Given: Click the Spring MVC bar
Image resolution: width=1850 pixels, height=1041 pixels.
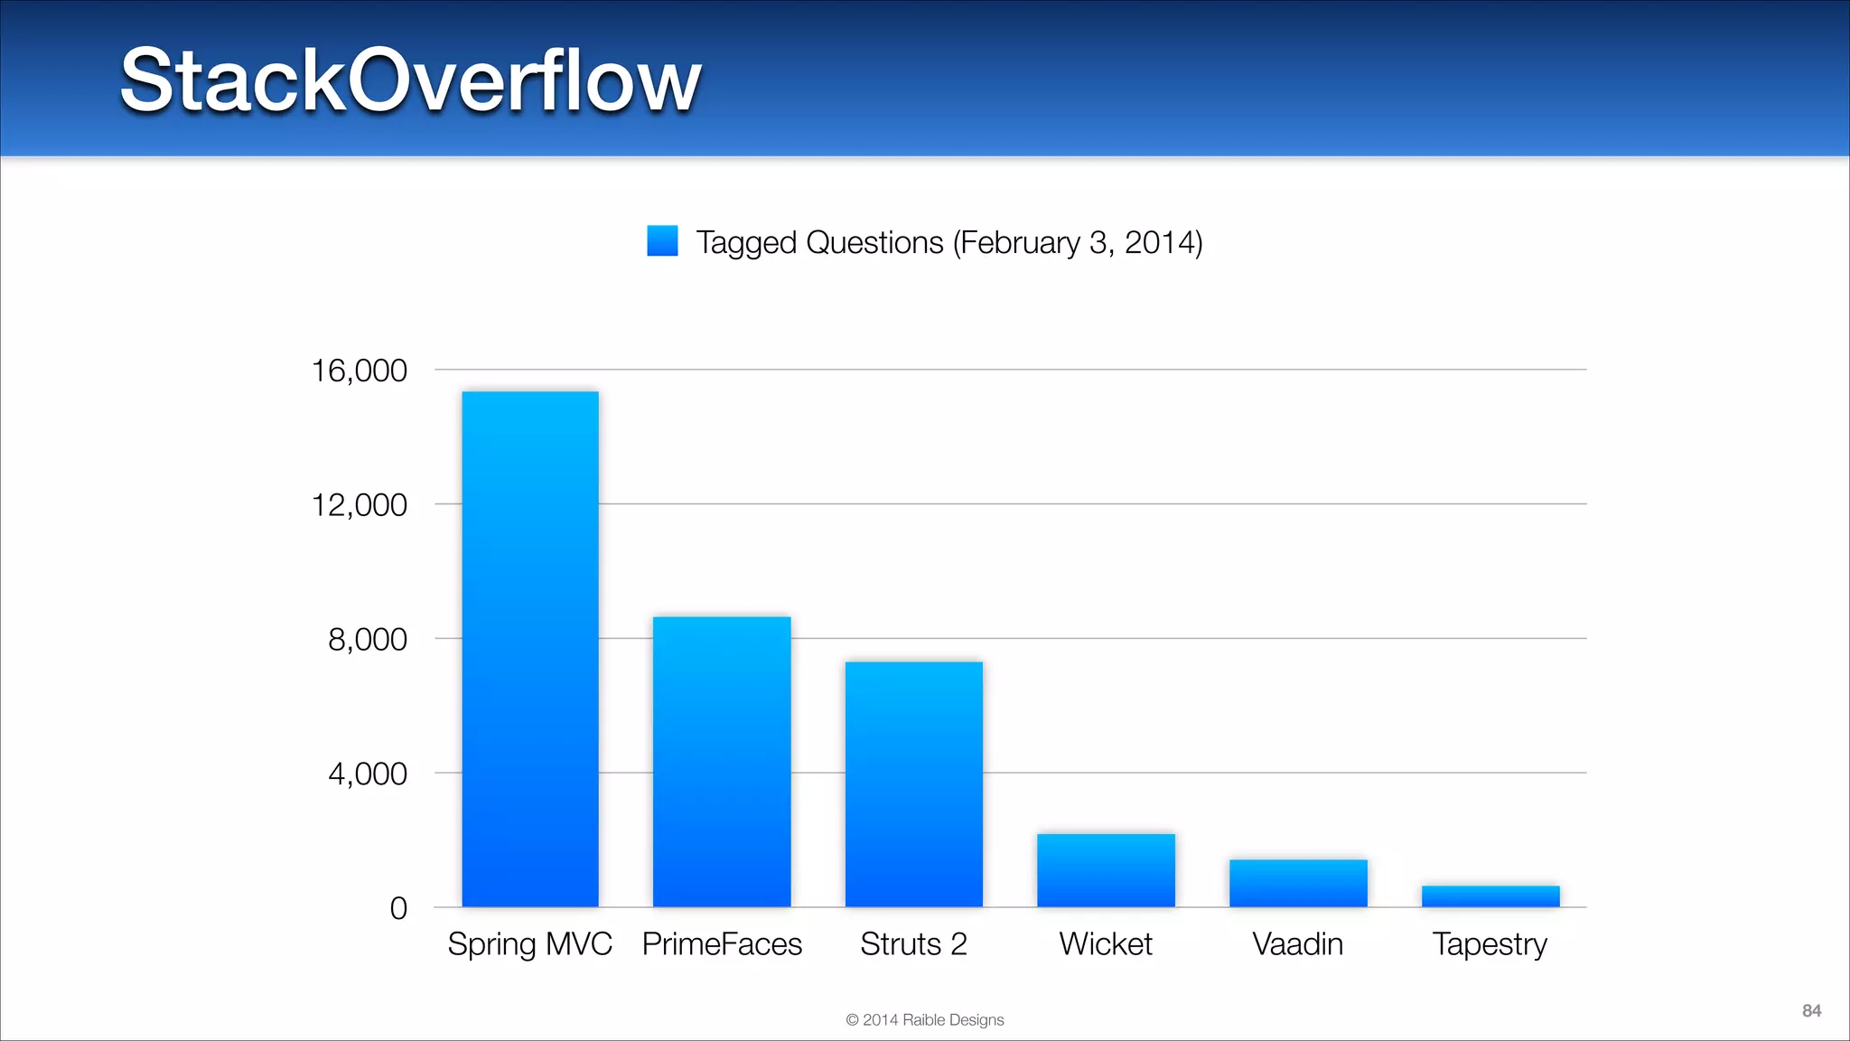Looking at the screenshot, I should (x=530, y=649).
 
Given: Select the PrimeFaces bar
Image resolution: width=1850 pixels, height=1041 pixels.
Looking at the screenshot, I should (x=722, y=762).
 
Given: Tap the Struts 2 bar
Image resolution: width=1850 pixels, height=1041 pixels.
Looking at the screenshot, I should (x=913, y=784).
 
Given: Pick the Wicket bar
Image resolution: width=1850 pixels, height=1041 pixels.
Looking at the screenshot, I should (x=1106, y=870).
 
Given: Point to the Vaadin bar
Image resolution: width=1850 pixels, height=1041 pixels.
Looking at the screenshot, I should (x=1298, y=883).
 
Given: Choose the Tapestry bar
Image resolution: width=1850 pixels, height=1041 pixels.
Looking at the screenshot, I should (x=1490, y=896).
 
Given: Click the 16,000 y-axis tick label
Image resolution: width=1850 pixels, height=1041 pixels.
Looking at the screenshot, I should (x=359, y=370).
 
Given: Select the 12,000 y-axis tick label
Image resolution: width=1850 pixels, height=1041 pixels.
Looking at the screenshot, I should (x=359, y=505).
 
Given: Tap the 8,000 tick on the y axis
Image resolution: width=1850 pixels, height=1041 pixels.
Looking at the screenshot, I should (x=367, y=640).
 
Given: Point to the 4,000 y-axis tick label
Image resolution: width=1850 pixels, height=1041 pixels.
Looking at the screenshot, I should (x=367, y=774).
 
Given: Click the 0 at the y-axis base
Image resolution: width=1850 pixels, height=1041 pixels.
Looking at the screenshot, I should (x=398, y=908).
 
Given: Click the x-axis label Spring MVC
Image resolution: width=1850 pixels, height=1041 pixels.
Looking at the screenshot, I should (x=530, y=944).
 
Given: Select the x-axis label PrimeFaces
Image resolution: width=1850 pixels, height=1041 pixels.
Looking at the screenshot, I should (x=722, y=944).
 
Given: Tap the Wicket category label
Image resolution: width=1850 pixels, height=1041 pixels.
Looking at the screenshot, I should (x=1106, y=944).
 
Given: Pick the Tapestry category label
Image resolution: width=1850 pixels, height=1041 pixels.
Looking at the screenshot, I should (x=1490, y=945).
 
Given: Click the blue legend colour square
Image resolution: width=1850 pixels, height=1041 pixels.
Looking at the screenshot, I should (x=662, y=241).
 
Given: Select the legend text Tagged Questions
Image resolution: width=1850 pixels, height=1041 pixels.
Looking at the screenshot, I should (x=948, y=242).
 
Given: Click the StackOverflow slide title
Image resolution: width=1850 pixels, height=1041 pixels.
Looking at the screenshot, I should (x=411, y=80).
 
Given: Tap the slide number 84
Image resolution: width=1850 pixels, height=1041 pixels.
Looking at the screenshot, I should (x=1811, y=1011).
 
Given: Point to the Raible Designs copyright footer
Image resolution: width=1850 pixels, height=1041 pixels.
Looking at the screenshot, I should (x=924, y=1020).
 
